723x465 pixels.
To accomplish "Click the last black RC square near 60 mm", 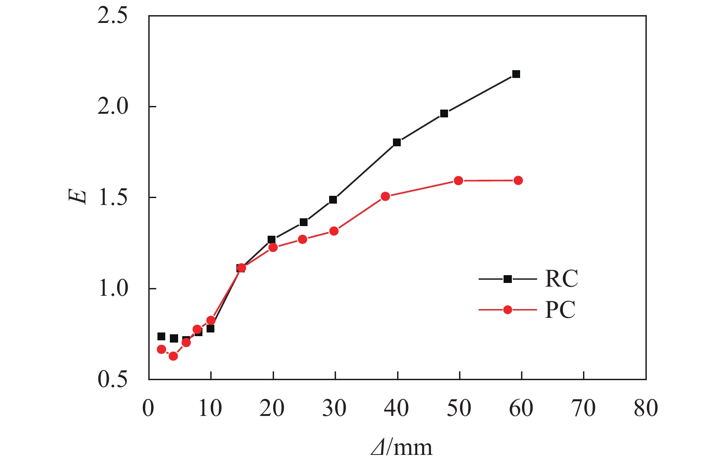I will click(x=516, y=74).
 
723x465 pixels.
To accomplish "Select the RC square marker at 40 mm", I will click(x=397, y=143).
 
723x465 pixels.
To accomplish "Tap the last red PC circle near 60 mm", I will click(x=518, y=181).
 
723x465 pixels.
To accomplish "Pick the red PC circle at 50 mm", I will click(x=458, y=181).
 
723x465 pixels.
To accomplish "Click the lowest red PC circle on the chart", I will click(x=173, y=356).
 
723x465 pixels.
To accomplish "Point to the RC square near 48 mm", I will click(x=444, y=114).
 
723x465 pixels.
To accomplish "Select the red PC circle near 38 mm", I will click(x=385, y=196).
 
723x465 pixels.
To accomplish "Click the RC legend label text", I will click(x=561, y=279).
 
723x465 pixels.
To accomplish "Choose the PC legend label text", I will click(x=560, y=310).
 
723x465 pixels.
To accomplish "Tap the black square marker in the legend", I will click(x=507, y=279).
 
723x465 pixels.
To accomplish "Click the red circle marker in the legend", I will click(x=507, y=310).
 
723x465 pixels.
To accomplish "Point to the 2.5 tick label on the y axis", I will click(x=112, y=17).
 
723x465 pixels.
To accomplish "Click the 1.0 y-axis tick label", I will click(x=112, y=289).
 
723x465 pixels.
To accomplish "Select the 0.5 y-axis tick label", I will click(x=112, y=380).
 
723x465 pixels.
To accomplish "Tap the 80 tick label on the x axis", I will click(x=645, y=408).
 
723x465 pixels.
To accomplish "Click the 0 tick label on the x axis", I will click(x=148, y=408).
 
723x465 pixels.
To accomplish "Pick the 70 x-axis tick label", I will click(x=583, y=408).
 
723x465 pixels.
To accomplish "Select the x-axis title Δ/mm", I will click(x=402, y=447).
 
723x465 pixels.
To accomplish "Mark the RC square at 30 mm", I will click(x=333, y=200).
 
